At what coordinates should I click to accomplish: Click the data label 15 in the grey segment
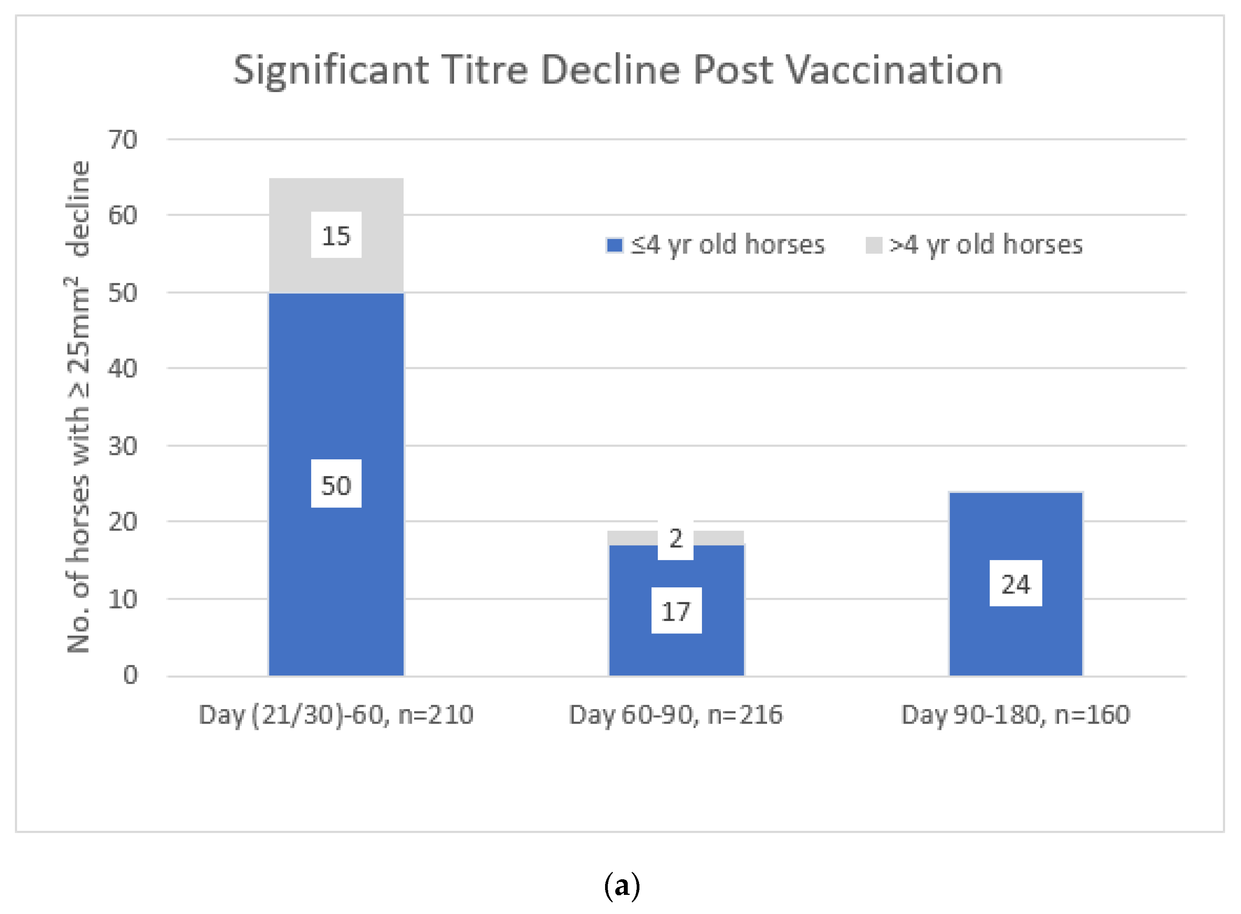(x=336, y=236)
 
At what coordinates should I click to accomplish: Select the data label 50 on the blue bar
(x=336, y=485)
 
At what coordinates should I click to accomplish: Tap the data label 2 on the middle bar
(x=676, y=538)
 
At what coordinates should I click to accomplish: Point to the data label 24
(x=1015, y=584)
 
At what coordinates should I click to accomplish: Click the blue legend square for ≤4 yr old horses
(x=614, y=245)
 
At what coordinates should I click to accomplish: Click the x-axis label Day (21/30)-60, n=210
(x=336, y=715)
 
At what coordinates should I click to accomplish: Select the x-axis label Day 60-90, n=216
(x=676, y=715)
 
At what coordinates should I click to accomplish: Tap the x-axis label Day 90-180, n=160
(x=1015, y=715)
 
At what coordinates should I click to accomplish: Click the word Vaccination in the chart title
(x=894, y=70)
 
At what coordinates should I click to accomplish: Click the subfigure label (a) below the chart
(x=622, y=885)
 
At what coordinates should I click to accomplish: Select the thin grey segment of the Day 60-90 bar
(x=631, y=537)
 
